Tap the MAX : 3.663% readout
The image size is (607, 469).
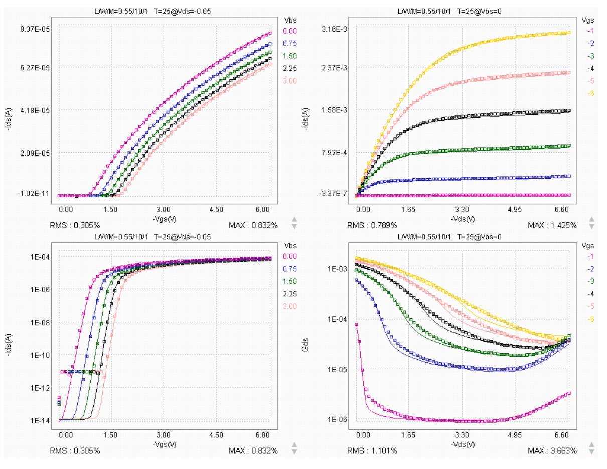pos(552,451)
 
